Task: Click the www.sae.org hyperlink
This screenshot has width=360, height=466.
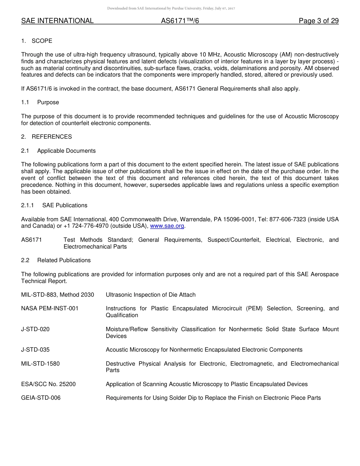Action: pyautogui.click(x=167, y=226)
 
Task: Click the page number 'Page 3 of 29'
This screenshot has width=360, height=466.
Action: pyautogui.click(x=319, y=21)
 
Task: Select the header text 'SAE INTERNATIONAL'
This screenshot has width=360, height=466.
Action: pyautogui.click(x=57, y=21)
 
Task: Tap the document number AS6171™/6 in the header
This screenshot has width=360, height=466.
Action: pyautogui.click(x=180, y=21)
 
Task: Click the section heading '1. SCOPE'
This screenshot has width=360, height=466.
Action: pyautogui.click(x=37, y=41)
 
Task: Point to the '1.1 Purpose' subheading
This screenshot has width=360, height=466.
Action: pyautogui.click(x=40, y=102)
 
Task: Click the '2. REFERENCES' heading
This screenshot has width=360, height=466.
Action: pyautogui.click(x=46, y=137)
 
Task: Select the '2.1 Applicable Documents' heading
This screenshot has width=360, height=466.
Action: pyautogui.click(x=58, y=151)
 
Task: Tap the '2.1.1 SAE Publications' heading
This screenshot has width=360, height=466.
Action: pyautogui.click(x=54, y=205)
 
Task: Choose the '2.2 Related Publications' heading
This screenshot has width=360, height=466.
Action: pyautogui.click(x=56, y=260)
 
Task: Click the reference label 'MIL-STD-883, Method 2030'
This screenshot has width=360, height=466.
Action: pyautogui.click(x=58, y=295)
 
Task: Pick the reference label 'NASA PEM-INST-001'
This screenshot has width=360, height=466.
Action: pyautogui.click(x=50, y=308)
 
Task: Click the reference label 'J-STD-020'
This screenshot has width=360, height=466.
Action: pyautogui.click(x=35, y=329)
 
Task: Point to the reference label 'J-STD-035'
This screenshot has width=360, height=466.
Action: pyautogui.click(x=35, y=350)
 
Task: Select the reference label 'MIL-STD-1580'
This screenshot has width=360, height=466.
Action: pyautogui.click(x=40, y=364)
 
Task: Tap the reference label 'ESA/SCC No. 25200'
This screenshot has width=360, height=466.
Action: pyautogui.click(x=49, y=384)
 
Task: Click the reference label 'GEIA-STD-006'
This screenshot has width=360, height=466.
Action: pyautogui.click(x=41, y=398)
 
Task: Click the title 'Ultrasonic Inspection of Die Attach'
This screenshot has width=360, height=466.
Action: pyautogui.click(x=150, y=295)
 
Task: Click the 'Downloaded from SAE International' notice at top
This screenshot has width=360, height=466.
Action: pyautogui.click(x=171, y=8)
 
